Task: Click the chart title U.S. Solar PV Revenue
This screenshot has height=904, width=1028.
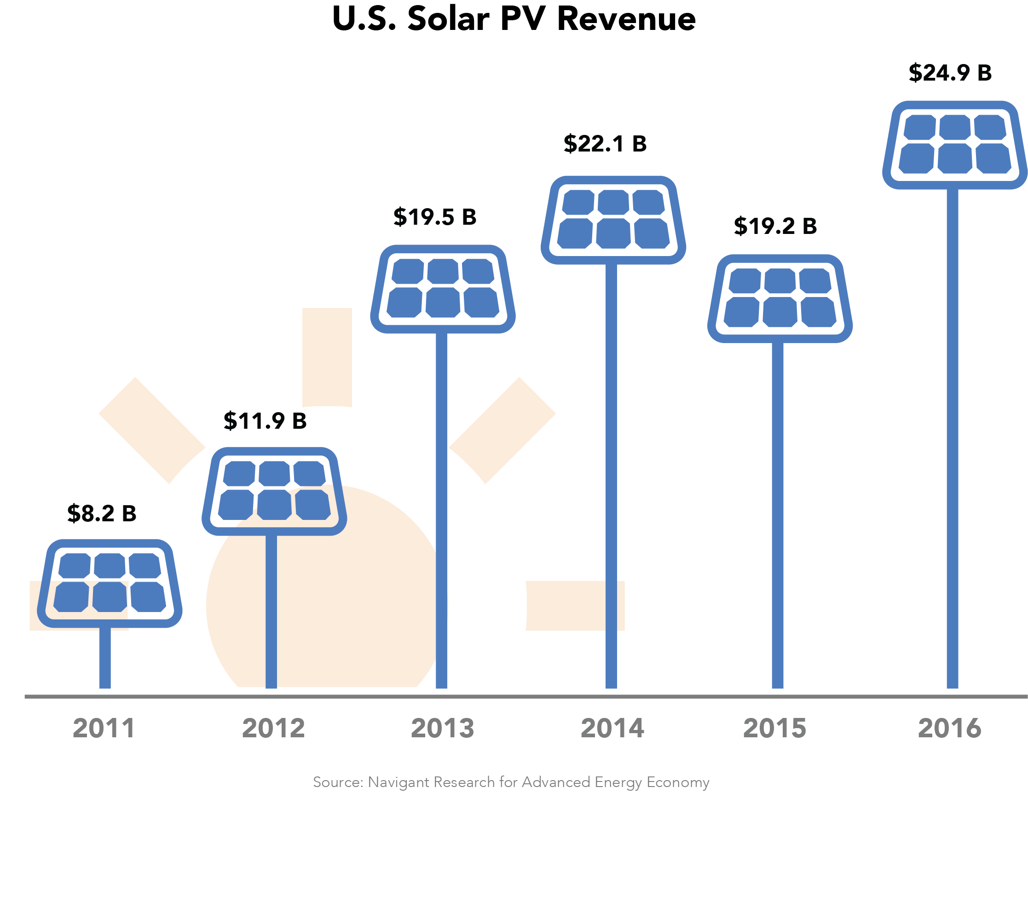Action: pos(514,19)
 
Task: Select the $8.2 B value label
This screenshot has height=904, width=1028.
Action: pos(102,513)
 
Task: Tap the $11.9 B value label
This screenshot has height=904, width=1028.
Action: pos(265,421)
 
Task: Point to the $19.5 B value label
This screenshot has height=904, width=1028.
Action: pos(434,217)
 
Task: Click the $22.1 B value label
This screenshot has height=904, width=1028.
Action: pos(605,144)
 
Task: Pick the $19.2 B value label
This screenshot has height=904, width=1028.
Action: pos(775,226)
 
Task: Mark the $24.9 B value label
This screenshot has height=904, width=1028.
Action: pos(949,73)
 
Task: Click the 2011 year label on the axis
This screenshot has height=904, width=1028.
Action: pos(104,729)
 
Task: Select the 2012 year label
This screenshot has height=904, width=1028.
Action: pos(273,729)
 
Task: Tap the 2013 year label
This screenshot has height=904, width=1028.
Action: pos(443,729)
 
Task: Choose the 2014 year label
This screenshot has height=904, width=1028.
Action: pos(612,729)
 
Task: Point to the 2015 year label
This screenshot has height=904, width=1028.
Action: pos(774,729)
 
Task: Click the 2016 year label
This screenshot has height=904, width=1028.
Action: pos(949,729)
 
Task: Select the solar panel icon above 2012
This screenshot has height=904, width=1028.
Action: pos(274,491)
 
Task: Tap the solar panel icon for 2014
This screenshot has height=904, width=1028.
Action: pos(613,220)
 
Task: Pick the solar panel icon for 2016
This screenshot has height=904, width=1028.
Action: pos(954,145)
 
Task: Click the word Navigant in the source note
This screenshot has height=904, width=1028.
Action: pos(399,782)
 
